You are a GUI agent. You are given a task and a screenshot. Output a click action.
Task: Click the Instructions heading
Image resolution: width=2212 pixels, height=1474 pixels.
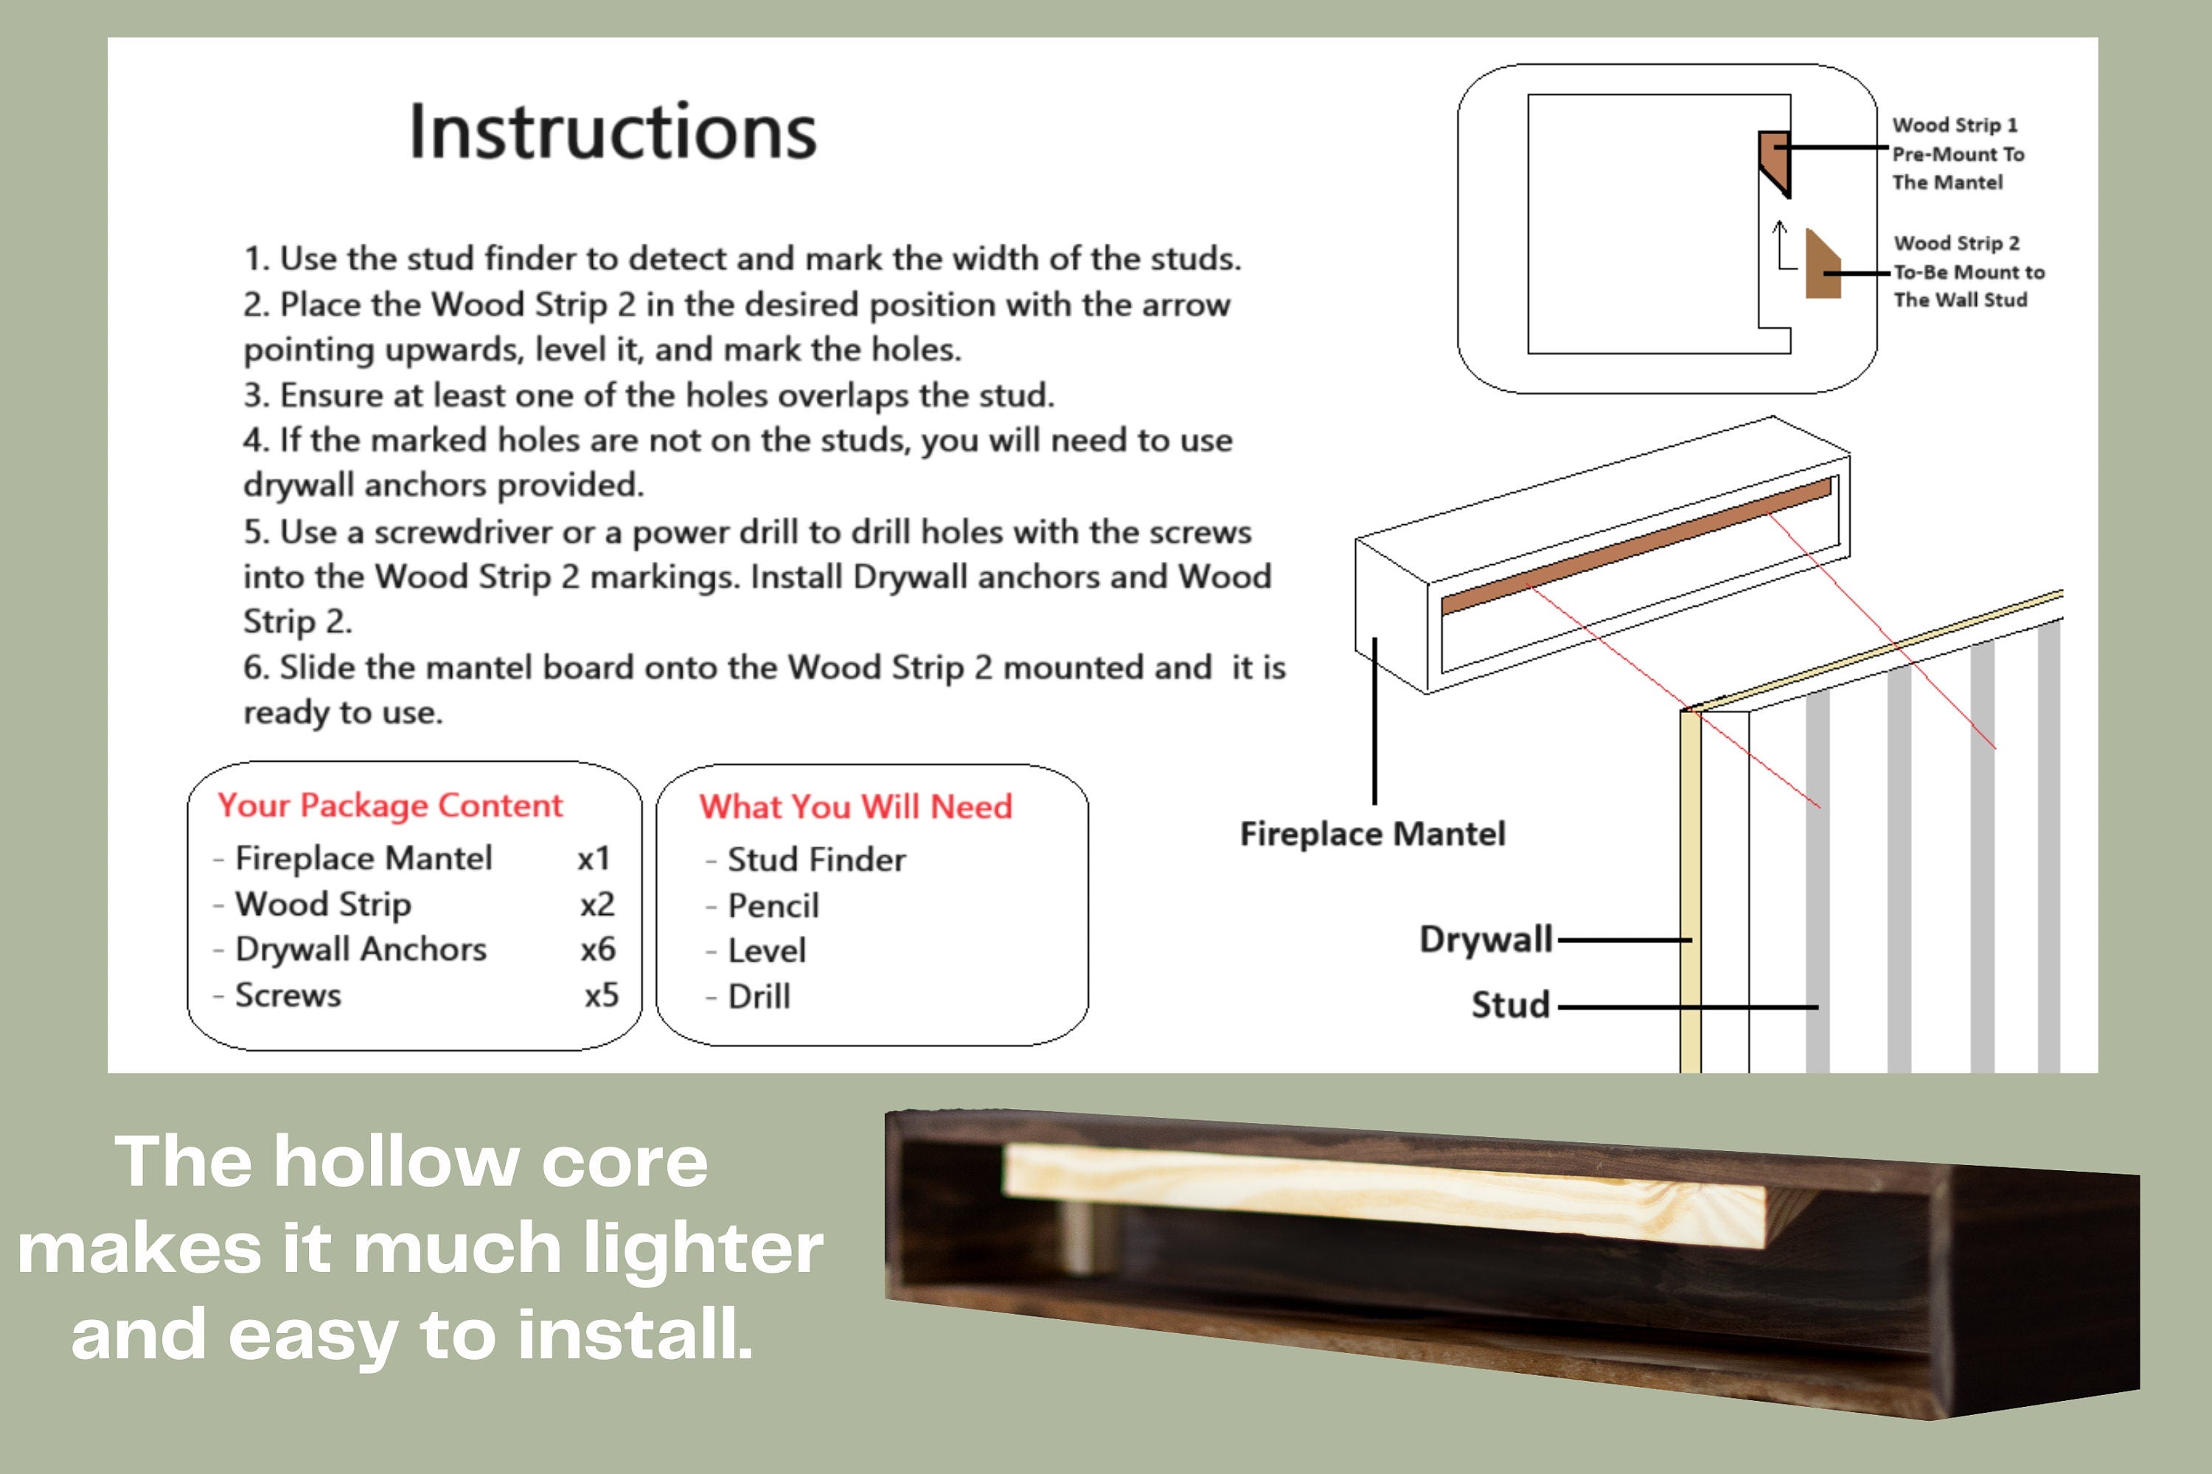pyautogui.click(x=613, y=131)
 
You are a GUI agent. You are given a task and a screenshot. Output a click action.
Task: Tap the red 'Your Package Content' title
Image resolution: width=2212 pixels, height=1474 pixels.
pyautogui.click(x=389, y=806)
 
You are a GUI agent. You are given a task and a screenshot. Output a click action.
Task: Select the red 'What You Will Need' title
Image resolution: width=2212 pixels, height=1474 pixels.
pyautogui.click(x=855, y=807)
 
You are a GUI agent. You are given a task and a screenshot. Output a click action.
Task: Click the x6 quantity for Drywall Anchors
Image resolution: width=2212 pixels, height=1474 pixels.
pyautogui.click(x=598, y=950)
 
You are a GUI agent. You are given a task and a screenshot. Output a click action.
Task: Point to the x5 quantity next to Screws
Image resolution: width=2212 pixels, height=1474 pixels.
pyautogui.click(x=601, y=995)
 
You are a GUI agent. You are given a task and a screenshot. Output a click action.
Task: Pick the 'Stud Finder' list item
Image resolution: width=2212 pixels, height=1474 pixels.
pyautogui.click(x=816, y=859)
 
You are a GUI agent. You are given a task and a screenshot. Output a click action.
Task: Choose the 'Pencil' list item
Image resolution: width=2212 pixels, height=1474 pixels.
pyautogui.click(x=773, y=905)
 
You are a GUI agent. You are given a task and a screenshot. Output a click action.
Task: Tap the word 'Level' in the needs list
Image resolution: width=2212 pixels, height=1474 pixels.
pyautogui.click(x=766, y=950)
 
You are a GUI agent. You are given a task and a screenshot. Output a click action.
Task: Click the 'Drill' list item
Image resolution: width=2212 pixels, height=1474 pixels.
pyautogui.click(x=759, y=996)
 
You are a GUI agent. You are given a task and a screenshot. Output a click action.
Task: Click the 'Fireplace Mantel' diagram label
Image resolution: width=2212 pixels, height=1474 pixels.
pyautogui.click(x=1371, y=834)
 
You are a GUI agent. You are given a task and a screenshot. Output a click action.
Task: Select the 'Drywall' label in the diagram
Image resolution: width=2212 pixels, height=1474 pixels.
pyautogui.click(x=1484, y=939)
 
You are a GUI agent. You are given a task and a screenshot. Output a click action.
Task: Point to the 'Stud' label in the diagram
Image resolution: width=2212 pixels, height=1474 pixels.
pyautogui.click(x=1510, y=1005)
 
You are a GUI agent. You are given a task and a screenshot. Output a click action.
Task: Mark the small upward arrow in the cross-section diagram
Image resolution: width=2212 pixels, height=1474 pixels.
pyautogui.click(x=1778, y=243)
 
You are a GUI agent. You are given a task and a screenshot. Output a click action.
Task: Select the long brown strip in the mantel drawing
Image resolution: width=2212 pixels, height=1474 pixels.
pyautogui.click(x=1635, y=547)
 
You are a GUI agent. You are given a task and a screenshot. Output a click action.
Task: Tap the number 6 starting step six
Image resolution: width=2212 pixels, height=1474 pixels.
pyautogui.click(x=252, y=667)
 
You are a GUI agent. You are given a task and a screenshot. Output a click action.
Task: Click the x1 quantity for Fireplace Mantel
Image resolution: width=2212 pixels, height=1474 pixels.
pyautogui.click(x=594, y=858)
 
